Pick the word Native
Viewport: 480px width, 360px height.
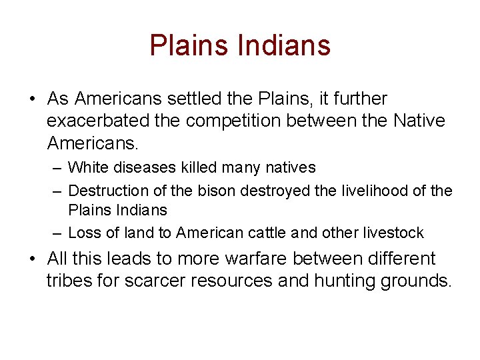[x=419, y=121]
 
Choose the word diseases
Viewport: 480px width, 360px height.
[x=144, y=167]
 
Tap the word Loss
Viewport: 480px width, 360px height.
[x=83, y=233]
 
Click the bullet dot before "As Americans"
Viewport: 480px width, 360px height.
[x=32, y=99]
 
